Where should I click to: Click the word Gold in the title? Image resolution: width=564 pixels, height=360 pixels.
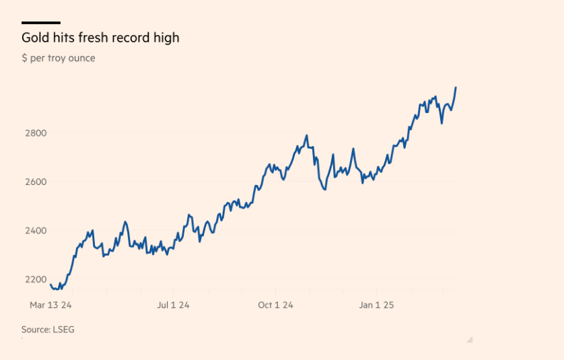click(x=35, y=38)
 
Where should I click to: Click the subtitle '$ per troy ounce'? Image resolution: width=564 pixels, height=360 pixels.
click(x=59, y=59)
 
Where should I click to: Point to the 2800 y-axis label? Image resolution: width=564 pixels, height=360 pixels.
click(x=34, y=133)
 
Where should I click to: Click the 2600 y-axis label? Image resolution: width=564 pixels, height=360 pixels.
click(x=34, y=182)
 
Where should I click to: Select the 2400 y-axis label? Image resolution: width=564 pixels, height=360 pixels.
click(x=34, y=231)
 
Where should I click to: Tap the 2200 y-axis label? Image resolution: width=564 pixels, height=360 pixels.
click(x=34, y=279)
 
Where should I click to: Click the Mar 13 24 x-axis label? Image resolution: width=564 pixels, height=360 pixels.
click(x=50, y=305)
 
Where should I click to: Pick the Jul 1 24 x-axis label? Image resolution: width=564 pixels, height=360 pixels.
click(x=173, y=305)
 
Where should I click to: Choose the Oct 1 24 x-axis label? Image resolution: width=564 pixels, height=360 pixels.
click(x=275, y=305)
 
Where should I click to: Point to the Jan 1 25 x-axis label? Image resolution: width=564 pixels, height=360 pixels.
click(x=376, y=305)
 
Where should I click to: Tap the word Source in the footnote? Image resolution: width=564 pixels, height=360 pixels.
click(x=35, y=329)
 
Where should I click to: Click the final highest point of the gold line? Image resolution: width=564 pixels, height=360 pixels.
click(x=456, y=87)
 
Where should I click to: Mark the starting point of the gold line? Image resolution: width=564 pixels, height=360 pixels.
click(x=50, y=285)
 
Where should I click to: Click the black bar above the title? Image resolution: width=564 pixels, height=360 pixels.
click(x=41, y=23)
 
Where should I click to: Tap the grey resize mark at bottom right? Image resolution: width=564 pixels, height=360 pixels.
click(x=470, y=340)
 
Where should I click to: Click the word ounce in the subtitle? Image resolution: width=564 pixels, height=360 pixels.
click(x=81, y=59)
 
